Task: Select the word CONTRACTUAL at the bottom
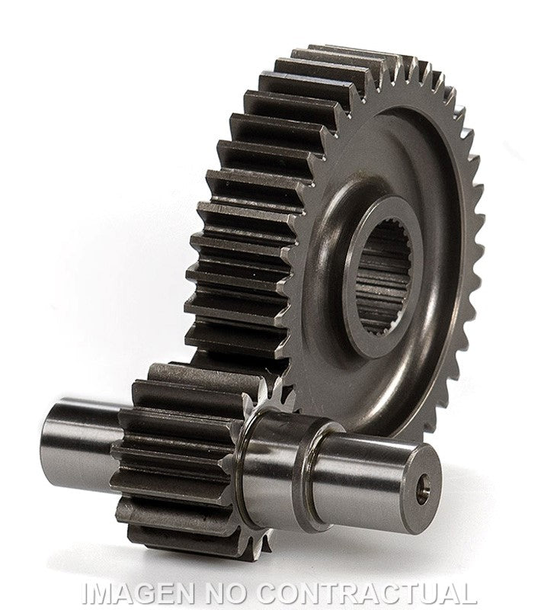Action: point(367,592)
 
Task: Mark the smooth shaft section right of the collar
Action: point(366,473)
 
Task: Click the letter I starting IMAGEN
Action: point(86,592)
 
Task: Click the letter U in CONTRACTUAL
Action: point(427,592)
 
